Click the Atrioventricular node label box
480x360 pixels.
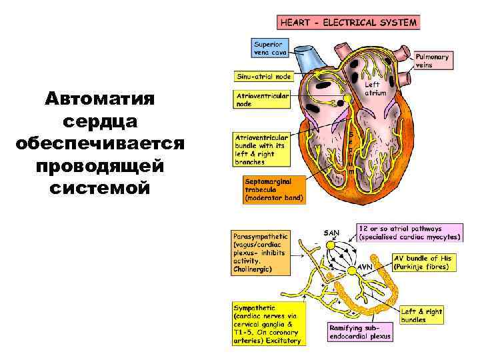(x=262, y=100)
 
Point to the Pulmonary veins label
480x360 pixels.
(x=433, y=61)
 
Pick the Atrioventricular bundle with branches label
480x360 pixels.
(x=262, y=149)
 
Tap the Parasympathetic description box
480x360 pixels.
(x=261, y=252)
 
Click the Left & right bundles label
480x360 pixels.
(x=421, y=315)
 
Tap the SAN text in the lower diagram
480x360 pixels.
(x=331, y=233)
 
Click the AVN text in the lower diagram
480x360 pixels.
(x=365, y=267)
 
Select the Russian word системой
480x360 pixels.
(x=100, y=188)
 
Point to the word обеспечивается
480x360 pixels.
(x=100, y=144)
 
